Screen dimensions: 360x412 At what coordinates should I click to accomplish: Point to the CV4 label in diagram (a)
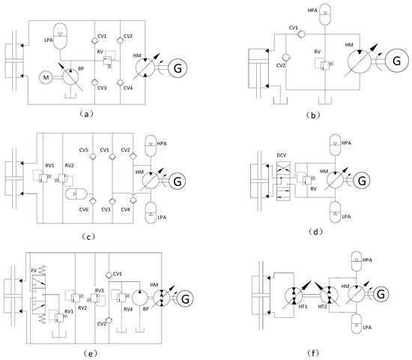[128, 89]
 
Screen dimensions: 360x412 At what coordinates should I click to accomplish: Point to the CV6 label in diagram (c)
[84, 209]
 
